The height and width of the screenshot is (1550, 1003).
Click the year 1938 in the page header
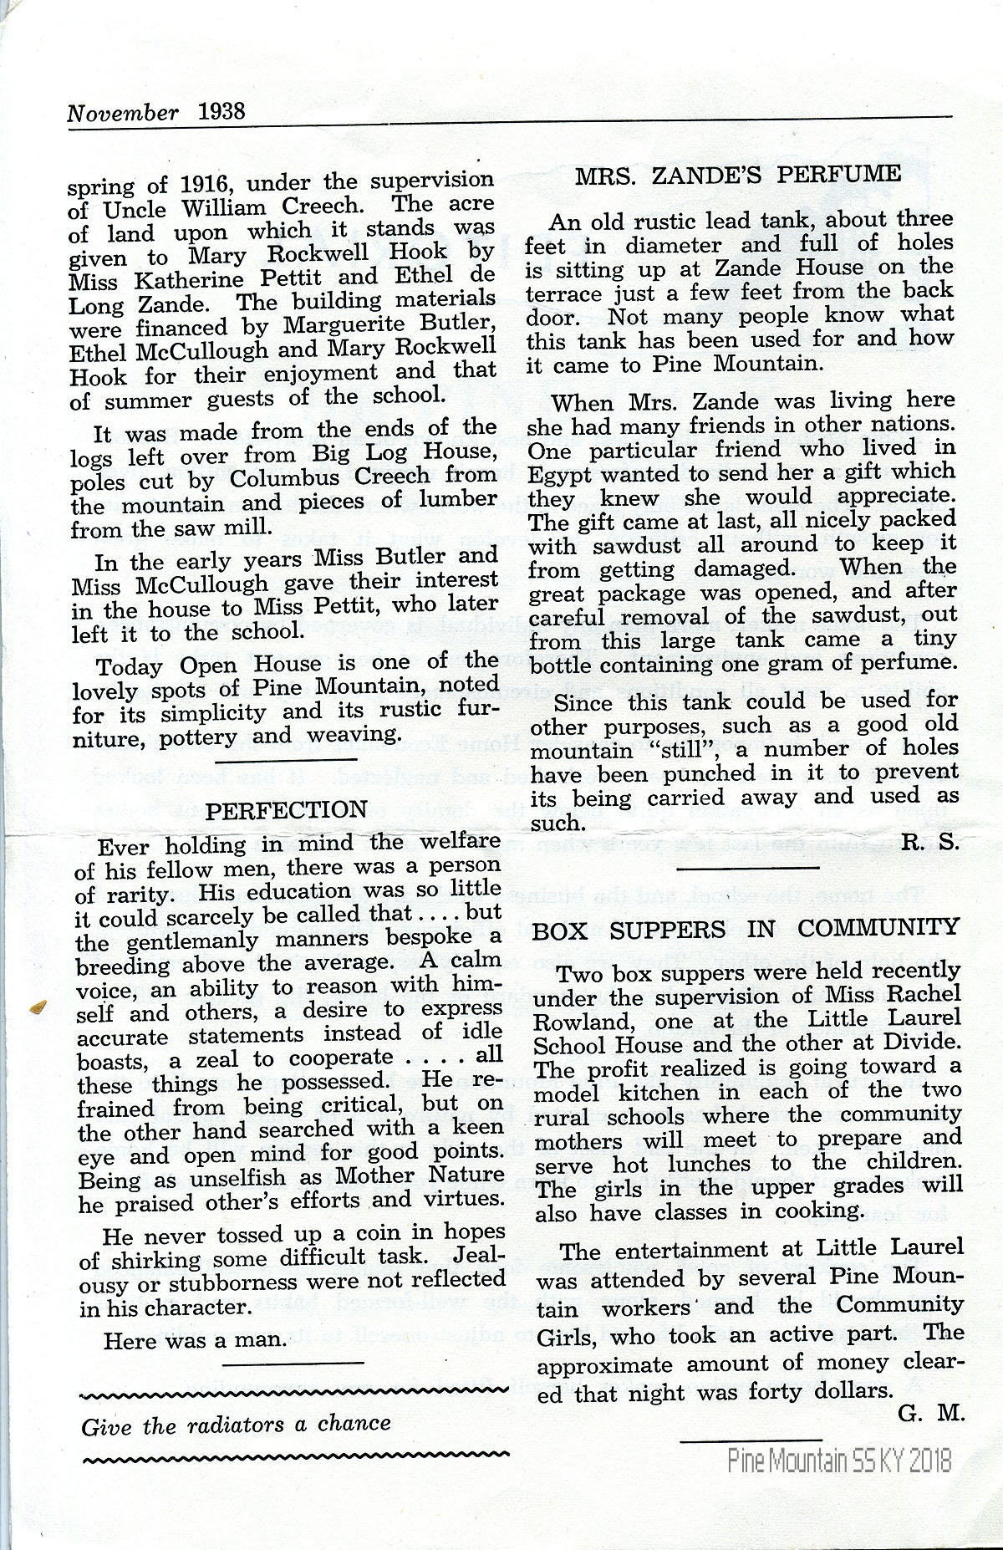click(223, 112)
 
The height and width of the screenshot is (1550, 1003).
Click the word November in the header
click(123, 113)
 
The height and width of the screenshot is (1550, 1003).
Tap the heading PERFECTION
click(286, 809)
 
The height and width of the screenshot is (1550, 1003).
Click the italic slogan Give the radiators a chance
click(237, 1424)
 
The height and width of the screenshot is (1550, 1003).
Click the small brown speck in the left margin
click(36, 1007)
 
